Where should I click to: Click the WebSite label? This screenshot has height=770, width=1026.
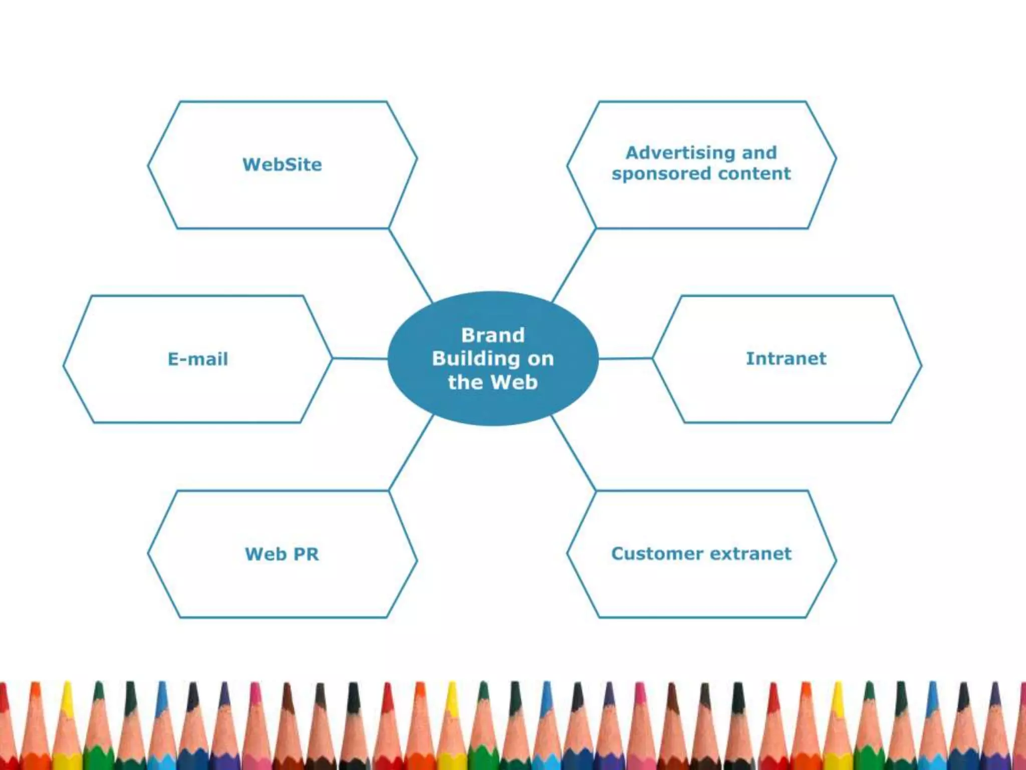(282, 164)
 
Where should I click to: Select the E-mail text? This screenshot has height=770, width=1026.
(198, 359)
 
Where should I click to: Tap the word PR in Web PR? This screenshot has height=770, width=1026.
(306, 554)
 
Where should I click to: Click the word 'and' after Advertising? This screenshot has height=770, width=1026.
(759, 152)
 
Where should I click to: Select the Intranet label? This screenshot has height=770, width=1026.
(786, 358)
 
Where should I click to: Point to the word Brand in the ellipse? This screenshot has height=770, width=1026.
(493, 335)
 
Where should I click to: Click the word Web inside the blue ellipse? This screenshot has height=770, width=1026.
(514, 382)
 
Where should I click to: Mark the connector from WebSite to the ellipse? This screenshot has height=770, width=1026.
(410, 265)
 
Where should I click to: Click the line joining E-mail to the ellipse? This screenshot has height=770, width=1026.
(360, 358)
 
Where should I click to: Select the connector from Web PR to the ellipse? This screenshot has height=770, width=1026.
(411, 453)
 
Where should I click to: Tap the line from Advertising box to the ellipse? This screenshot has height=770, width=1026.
(574, 265)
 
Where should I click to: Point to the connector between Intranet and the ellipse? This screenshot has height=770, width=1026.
(625, 358)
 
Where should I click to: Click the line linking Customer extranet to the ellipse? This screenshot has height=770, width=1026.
(574, 453)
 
